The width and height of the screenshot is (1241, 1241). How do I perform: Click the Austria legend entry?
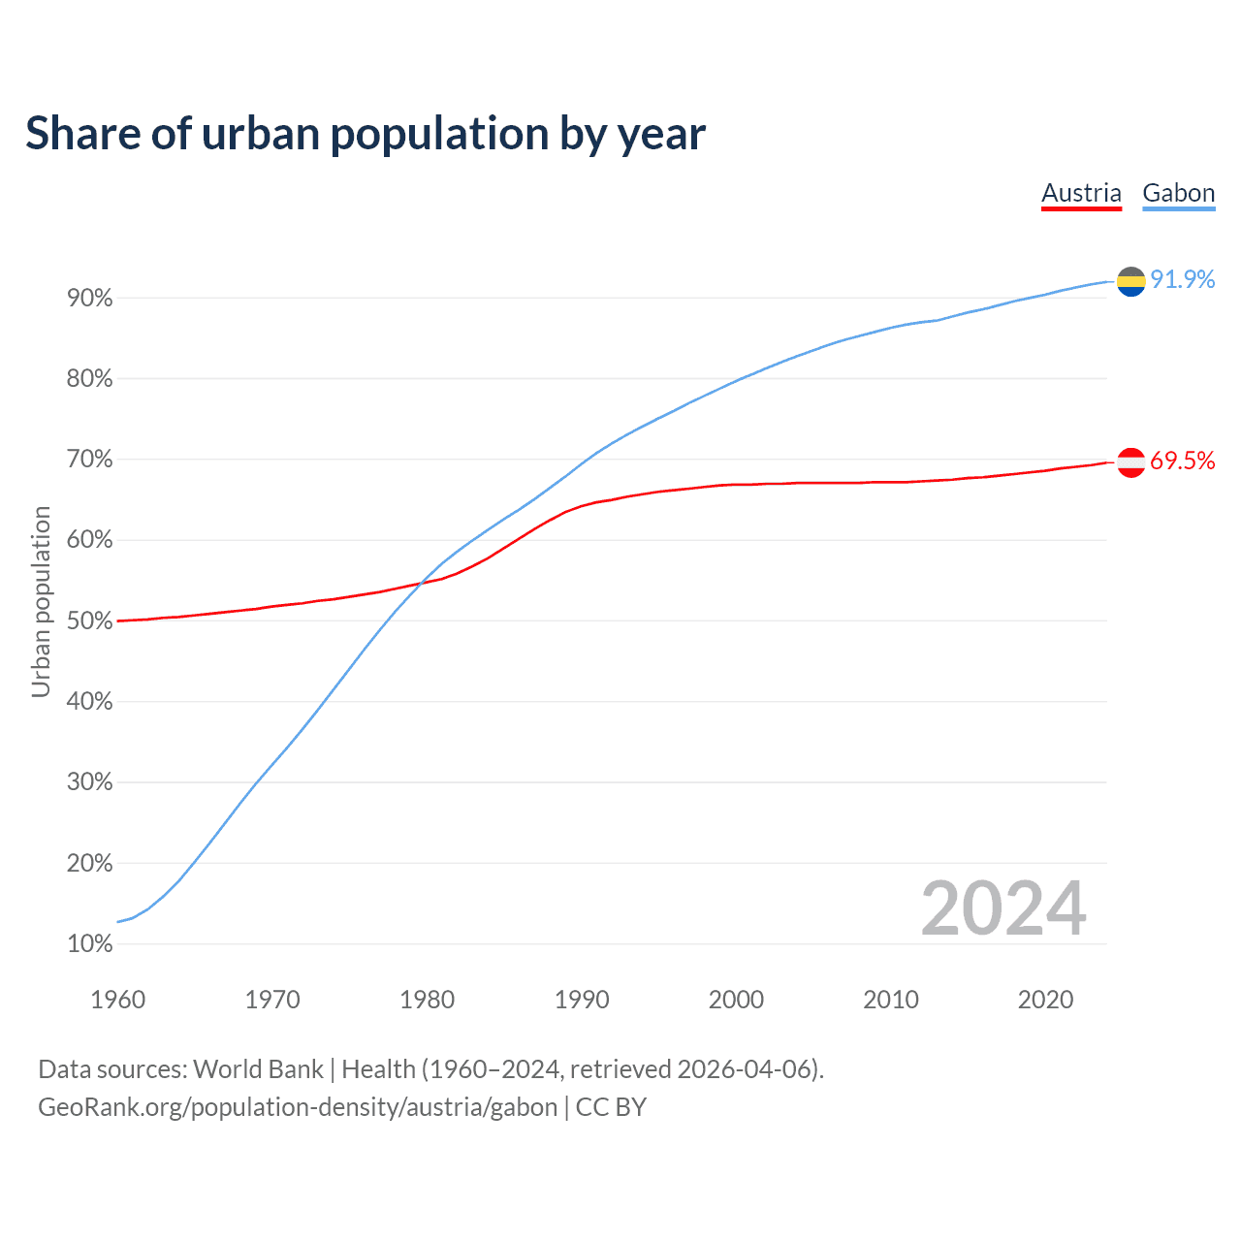1081,193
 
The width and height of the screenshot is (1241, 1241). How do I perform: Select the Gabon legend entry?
1178,193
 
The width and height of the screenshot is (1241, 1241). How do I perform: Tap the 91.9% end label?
1182,279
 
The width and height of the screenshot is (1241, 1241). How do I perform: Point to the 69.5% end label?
1182,461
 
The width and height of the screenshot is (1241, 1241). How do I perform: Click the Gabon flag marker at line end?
1130,281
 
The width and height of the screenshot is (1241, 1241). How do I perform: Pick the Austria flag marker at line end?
1130,462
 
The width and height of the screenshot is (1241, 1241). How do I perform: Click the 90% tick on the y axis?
90,299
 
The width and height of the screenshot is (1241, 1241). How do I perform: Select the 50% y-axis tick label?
90,620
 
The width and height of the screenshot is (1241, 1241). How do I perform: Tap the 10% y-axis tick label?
90,943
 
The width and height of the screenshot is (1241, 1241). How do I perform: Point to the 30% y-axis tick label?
90,782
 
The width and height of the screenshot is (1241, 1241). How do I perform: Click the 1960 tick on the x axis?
117,1000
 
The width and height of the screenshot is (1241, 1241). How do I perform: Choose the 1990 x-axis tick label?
582,1000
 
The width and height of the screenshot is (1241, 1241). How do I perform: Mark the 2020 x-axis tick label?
1045,1000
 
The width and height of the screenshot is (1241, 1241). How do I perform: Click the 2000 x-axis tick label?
736,1000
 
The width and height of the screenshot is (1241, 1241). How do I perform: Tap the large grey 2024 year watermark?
1003,908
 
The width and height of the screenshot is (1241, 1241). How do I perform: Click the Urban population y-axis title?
41,601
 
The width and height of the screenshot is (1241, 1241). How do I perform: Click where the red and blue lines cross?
420,583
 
